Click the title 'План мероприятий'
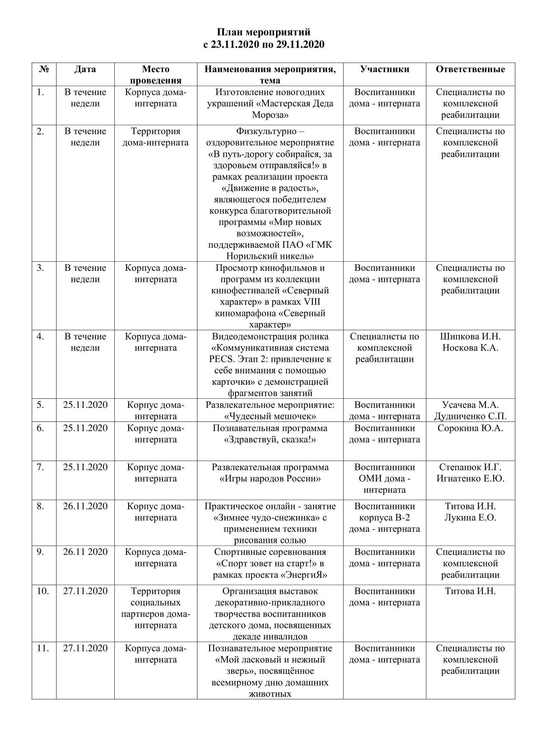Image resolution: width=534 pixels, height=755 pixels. [263, 32]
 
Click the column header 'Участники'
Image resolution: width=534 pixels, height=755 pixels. [385, 69]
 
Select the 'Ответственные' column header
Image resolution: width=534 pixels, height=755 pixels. [470, 69]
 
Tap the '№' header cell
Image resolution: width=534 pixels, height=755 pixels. [44, 69]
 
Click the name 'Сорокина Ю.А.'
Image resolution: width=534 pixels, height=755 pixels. [470, 428]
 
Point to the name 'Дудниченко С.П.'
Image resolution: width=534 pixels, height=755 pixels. [470, 416]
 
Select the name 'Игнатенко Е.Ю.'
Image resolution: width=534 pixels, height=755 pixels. [470, 478]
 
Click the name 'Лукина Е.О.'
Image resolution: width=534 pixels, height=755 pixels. [470, 517]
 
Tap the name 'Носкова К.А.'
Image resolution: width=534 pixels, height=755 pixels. [470, 348]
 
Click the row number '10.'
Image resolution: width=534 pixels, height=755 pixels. [43, 591]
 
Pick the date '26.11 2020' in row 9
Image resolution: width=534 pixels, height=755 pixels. [85, 552]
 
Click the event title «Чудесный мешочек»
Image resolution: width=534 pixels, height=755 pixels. [270, 416]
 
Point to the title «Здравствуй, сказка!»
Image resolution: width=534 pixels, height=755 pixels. [270, 440]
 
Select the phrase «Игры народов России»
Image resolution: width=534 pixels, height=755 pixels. [270, 478]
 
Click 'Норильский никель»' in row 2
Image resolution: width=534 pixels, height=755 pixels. [270, 256]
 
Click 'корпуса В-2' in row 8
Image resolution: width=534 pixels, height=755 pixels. [385, 517]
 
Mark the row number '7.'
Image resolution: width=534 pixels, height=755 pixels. [40, 467]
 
